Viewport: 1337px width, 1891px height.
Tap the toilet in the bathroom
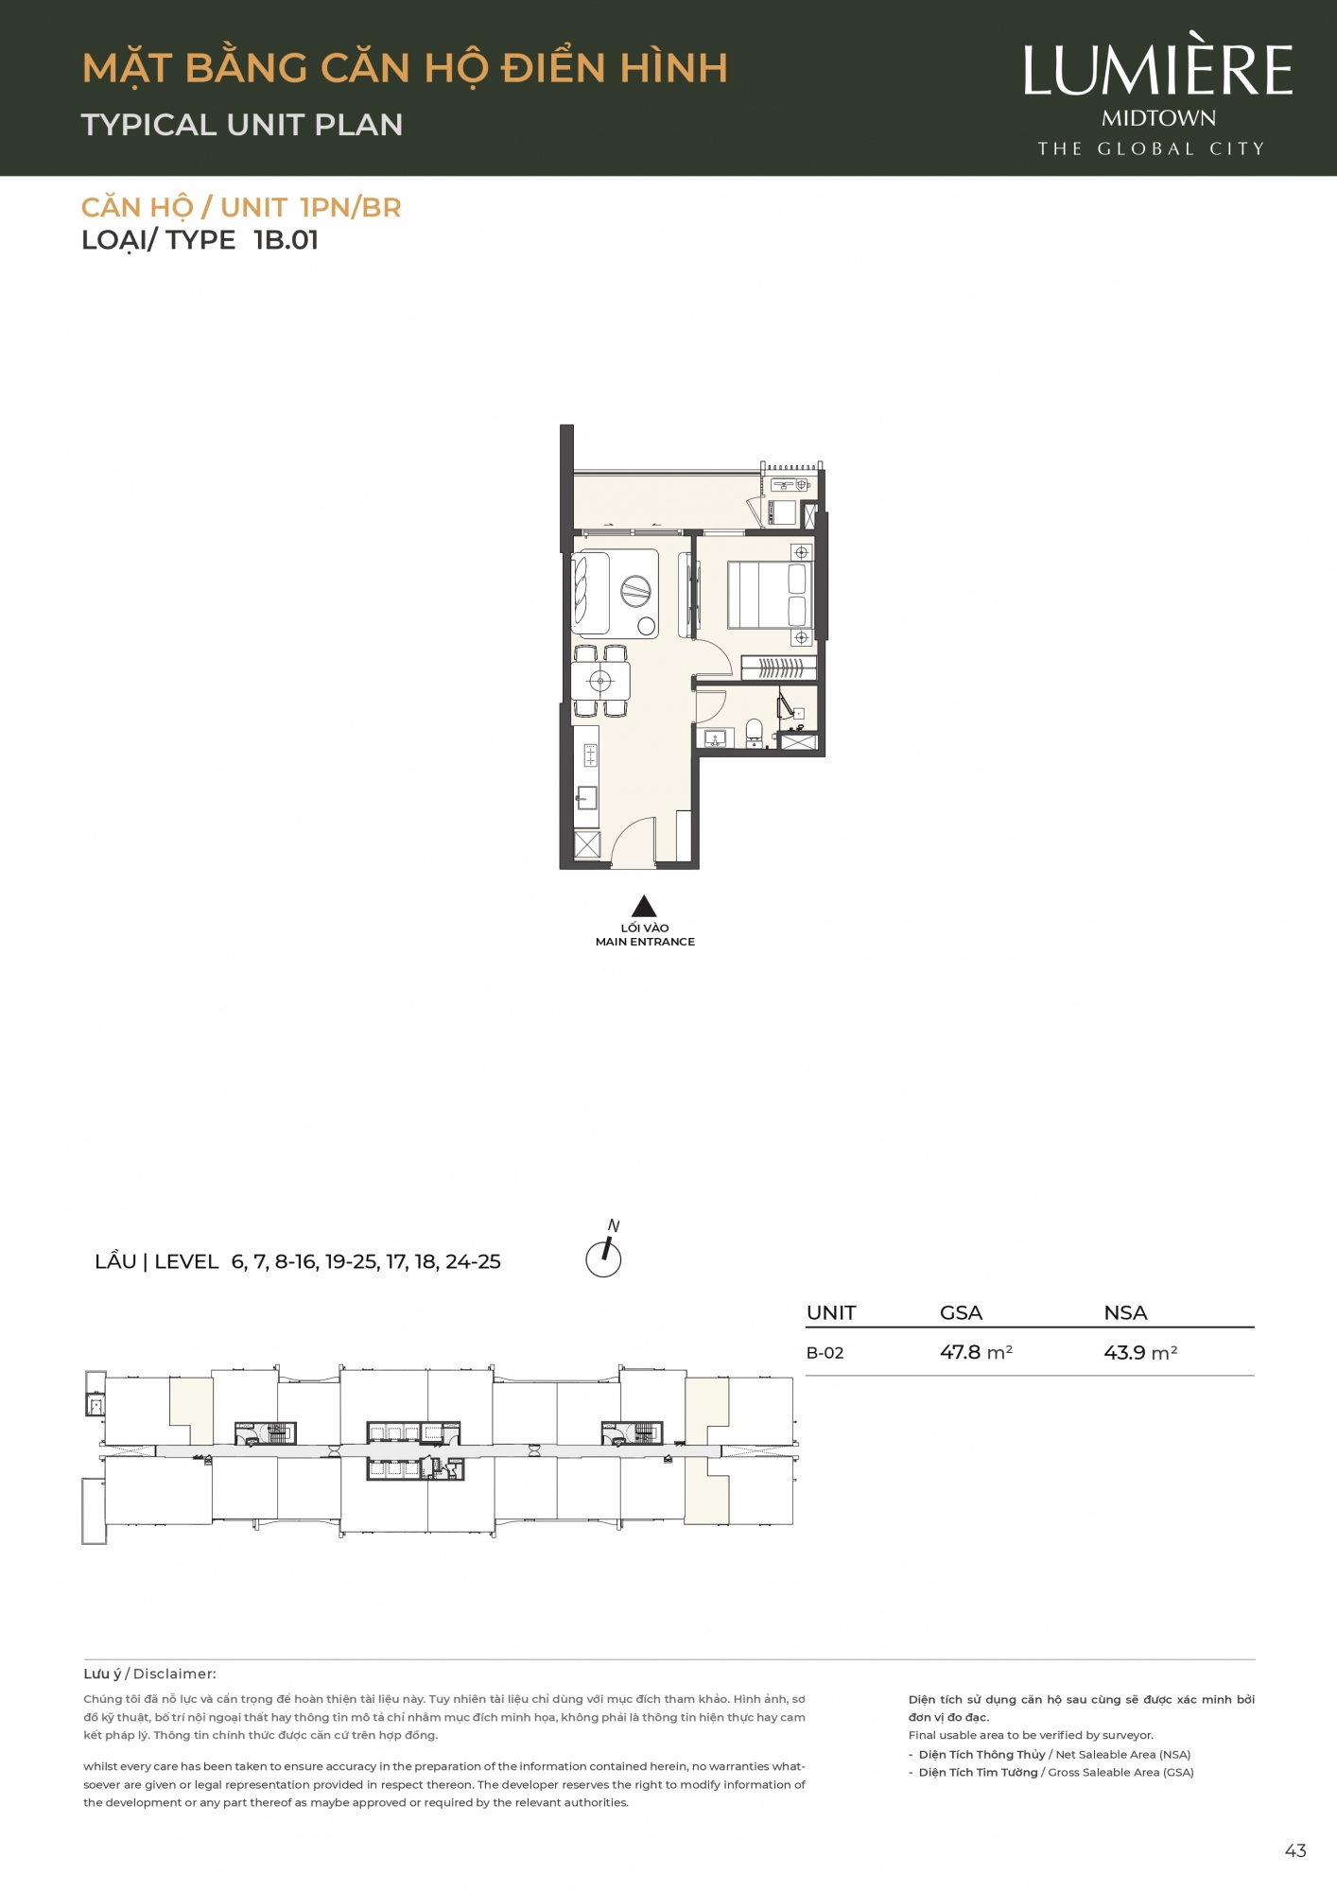[754, 732]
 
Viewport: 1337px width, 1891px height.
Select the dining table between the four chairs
[600, 681]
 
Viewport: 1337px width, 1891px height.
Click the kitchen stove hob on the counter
[590, 755]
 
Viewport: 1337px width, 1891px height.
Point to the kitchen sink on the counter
[587, 798]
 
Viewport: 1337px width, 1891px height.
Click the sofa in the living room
[589, 593]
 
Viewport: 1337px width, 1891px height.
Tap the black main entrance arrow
[644, 906]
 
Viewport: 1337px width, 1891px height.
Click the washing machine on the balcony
[782, 512]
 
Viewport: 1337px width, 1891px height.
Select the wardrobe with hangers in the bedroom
[778, 668]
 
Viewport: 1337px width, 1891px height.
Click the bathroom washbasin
[714, 737]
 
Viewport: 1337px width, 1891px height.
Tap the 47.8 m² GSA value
[976, 1353]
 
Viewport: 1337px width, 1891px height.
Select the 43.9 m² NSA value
[1140, 1353]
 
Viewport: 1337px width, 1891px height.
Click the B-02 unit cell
[825, 1353]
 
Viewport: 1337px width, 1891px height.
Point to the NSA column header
[1125, 1312]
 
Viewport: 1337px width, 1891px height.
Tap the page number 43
[1295, 1851]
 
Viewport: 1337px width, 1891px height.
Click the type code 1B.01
[286, 240]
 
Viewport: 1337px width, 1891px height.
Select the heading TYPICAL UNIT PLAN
[242, 125]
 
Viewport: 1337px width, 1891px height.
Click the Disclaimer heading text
[175, 1674]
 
